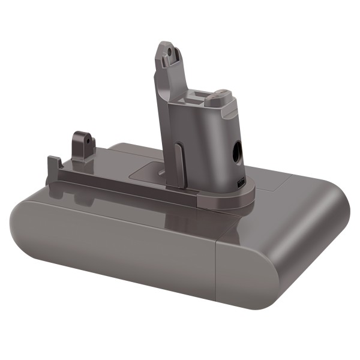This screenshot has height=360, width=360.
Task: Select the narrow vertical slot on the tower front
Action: click(179, 161)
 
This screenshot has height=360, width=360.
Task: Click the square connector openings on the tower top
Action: click(199, 97)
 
